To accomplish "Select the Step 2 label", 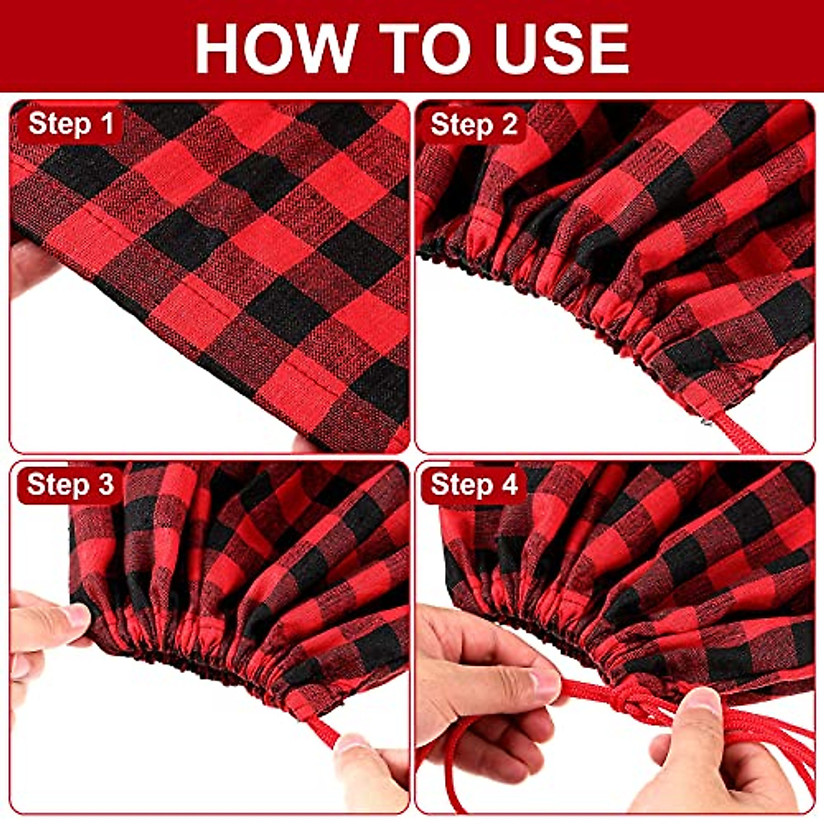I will [473, 126].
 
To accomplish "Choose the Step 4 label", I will [473, 485].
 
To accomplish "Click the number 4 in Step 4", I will [509, 485].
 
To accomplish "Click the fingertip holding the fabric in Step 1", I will [27, 264].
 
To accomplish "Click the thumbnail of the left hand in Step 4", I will [546, 683].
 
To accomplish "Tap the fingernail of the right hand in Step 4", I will [704, 700].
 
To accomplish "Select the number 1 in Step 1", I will [106, 124].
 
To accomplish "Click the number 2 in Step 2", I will [509, 126].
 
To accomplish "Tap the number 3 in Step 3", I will [106, 484].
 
